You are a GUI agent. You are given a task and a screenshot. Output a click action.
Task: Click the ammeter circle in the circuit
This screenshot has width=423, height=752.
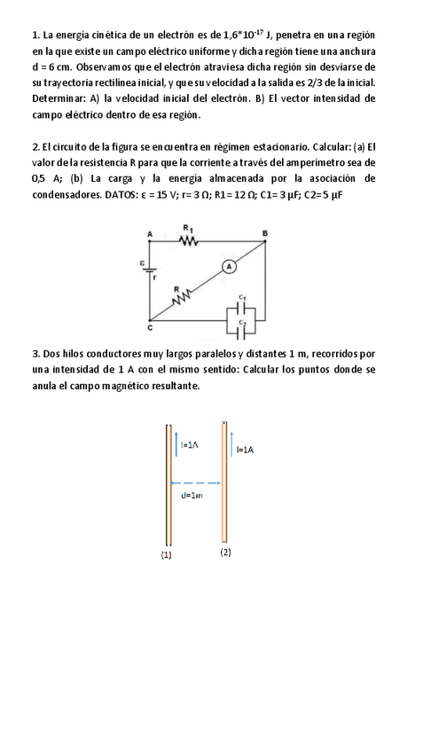[227, 265]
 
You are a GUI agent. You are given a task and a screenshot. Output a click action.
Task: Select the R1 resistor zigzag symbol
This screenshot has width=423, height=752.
[188, 239]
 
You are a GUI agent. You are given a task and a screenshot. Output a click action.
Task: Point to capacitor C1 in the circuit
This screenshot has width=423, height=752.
[241, 306]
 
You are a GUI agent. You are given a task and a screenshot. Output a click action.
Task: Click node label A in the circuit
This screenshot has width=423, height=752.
[149, 233]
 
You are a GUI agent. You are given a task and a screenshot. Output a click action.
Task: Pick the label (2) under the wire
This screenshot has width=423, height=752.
[226, 552]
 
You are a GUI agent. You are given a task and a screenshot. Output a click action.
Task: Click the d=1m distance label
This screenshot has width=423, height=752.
[192, 495]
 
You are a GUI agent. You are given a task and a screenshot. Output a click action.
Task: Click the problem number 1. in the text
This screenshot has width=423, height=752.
[36, 35]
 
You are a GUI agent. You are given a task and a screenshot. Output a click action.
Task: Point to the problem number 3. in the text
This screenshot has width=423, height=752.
[36, 354]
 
